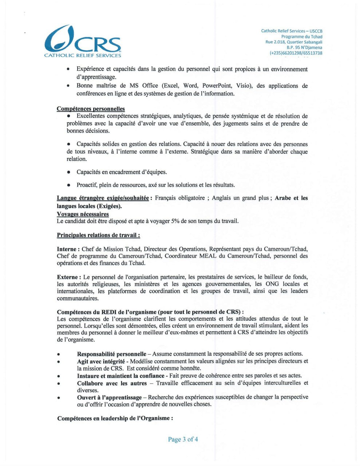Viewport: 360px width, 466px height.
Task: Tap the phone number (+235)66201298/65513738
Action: (x=296, y=53)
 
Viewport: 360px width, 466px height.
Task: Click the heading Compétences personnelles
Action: (x=91, y=109)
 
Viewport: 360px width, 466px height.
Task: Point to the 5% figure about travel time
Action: (x=175, y=221)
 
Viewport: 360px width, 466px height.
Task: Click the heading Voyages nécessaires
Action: (x=83, y=214)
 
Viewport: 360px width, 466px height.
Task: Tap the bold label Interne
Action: (x=67, y=249)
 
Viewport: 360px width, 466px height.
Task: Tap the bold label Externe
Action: (x=67, y=277)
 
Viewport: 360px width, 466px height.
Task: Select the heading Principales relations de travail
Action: (x=98, y=235)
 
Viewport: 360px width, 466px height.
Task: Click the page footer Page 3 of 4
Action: (x=183, y=439)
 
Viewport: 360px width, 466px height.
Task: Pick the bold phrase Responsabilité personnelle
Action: (x=111, y=354)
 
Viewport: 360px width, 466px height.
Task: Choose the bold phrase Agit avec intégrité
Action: (x=100, y=361)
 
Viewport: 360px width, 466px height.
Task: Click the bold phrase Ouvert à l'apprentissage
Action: (x=109, y=397)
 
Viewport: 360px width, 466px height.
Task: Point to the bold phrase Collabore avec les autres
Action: (x=112, y=383)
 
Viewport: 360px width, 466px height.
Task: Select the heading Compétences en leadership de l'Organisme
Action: (x=115, y=418)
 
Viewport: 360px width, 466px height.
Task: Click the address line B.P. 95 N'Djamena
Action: (x=304, y=47)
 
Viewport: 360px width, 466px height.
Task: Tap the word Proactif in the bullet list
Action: (x=87, y=185)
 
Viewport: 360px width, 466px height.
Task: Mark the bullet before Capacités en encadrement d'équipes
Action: (x=68, y=172)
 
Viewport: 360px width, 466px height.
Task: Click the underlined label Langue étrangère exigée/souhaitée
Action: (x=103, y=198)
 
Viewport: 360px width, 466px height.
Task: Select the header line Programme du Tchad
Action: (x=301, y=36)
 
